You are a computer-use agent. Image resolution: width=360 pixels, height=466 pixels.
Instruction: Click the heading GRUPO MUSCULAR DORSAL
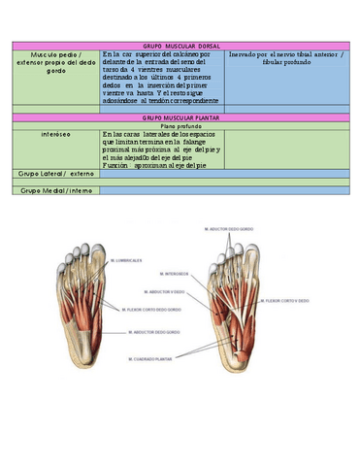(x=180, y=46)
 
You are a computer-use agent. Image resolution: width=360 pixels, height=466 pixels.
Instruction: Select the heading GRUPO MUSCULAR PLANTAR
(x=180, y=116)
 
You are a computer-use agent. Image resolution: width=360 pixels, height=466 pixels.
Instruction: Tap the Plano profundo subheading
(x=180, y=125)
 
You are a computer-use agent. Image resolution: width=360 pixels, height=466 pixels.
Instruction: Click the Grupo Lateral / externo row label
(x=50, y=174)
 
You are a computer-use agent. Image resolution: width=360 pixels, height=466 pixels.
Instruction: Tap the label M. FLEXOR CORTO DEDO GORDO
(x=149, y=309)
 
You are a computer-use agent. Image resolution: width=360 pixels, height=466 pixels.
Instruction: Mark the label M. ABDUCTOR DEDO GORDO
(x=154, y=333)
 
